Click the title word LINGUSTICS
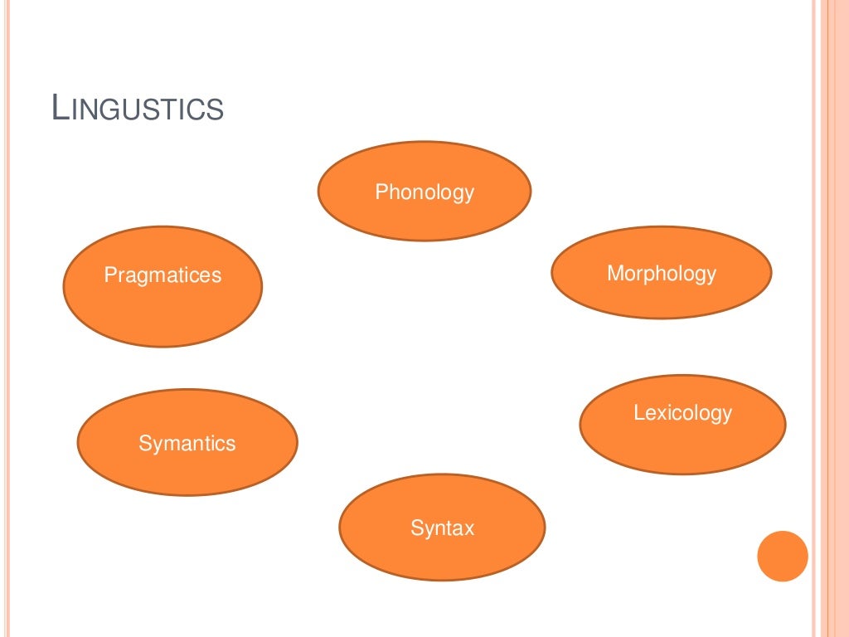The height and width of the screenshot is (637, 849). click(x=138, y=109)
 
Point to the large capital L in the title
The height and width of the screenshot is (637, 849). click(x=59, y=109)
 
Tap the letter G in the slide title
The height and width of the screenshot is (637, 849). click(x=111, y=111)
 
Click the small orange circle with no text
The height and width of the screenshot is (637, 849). click(x=783, y=556)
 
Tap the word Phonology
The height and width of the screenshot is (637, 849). click(x=424, y=192)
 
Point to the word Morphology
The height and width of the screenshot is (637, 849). click(x=661, y=274)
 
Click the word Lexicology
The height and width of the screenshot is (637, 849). click(x=682, y=413)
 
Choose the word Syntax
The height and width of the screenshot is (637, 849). click(x=442, y=528)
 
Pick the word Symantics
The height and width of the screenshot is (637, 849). click(x=187, y=444)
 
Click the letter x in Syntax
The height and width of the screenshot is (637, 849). click(x=469, y=528)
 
